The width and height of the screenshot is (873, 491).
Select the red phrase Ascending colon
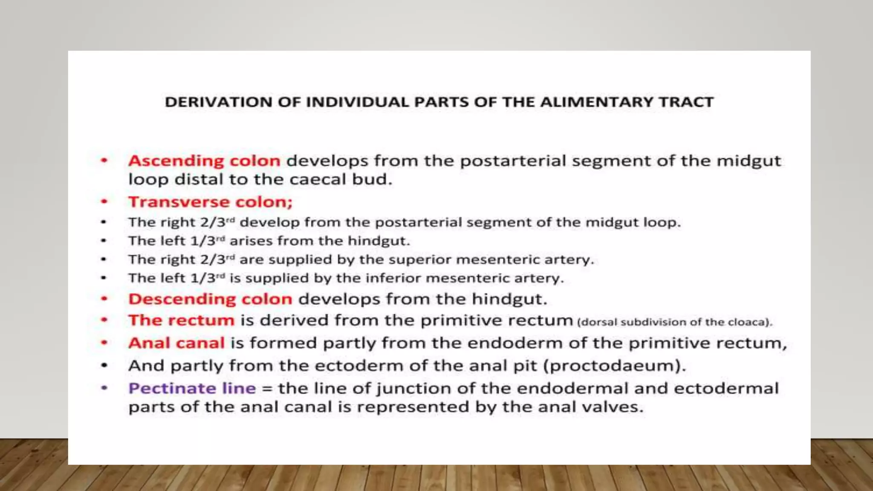204,161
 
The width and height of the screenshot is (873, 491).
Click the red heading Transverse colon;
211,202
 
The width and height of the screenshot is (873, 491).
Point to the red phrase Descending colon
210,299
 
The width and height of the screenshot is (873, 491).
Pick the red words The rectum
181,320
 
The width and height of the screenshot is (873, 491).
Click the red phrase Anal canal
176,343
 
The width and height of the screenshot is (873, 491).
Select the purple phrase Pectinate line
192,388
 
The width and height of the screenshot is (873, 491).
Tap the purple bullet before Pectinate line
104,388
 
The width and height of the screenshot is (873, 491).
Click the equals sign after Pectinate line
267,389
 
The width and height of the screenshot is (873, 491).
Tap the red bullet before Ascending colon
104,161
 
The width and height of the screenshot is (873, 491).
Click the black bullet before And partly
104,365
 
